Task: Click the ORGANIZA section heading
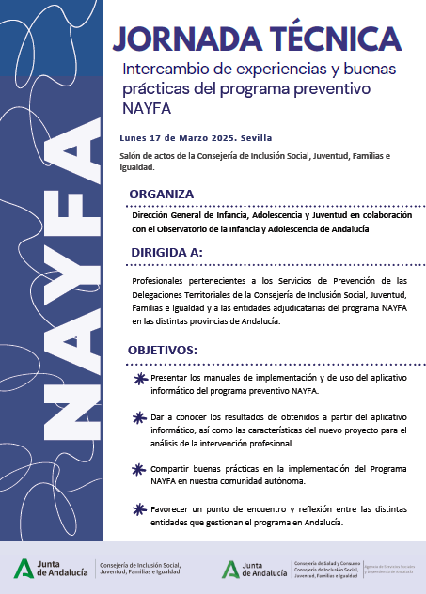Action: [x=162, y=194]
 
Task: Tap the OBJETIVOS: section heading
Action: [x=163, y=351]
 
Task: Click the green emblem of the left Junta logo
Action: [x=22, y=568]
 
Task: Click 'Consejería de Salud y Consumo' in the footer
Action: [x=324, y=560]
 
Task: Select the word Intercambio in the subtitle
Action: [x=160, y=69]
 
